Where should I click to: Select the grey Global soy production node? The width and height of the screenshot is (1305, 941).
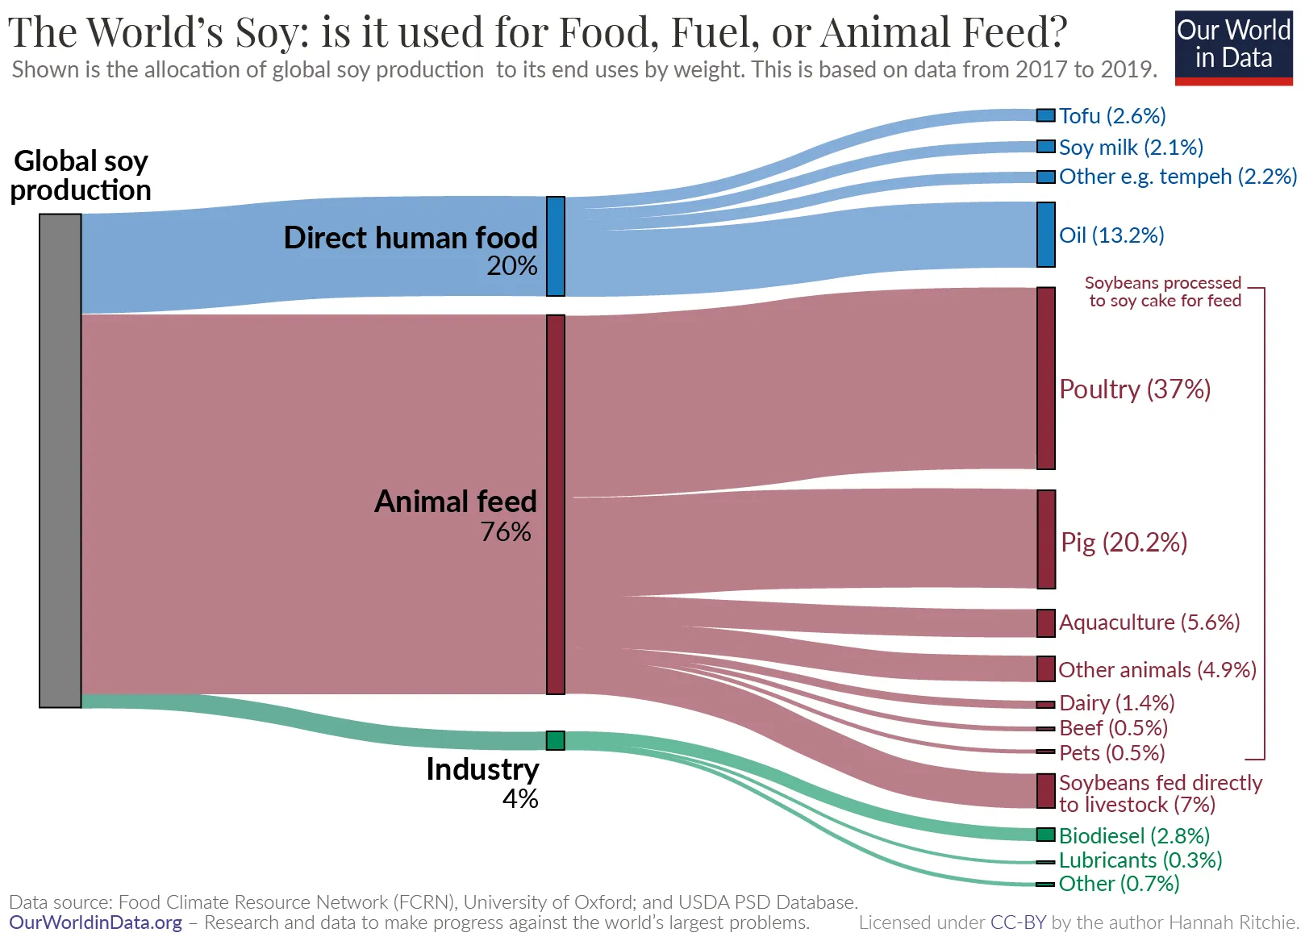click(x=60, y=460)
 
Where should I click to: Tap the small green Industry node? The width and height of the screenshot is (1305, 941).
click(x=555, y=740)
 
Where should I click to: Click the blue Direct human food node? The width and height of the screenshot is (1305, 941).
click(x=555, y=246)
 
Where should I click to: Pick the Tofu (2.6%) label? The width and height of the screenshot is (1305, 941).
click(x=1112, y=116)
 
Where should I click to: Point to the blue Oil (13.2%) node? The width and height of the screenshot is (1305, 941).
click(x=1045, y=235)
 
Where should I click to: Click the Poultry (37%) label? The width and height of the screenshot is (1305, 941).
click(x=1135, y=389)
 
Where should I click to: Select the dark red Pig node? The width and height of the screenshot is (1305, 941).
click(x=1045, y=539)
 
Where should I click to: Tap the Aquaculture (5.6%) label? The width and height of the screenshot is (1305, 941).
click(x=1149, y=622)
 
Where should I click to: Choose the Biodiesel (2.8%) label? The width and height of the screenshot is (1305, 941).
click(x=1133, y=835)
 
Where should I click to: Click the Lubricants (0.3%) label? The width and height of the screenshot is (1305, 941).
click(x=1140, y=860)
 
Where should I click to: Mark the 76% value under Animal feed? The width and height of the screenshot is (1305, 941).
click(x=506, y=532)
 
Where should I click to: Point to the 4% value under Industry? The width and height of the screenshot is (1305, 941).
click(x=520, y=799)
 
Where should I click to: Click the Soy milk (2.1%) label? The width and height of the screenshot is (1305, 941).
click(x=1130, y=148)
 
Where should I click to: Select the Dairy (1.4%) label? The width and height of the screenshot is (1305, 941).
click(x=1116, y=703)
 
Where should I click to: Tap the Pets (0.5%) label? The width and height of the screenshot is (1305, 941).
click(x=1111, y=753)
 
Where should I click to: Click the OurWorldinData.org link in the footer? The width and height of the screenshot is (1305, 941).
click(x=95, y=922)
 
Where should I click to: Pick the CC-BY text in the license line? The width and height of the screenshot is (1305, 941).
click(x=1018, y=922)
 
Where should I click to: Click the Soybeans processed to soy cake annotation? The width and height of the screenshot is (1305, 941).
click(x=1163, y=292)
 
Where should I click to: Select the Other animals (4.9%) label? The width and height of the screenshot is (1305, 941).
click(x=1157, y=670)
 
